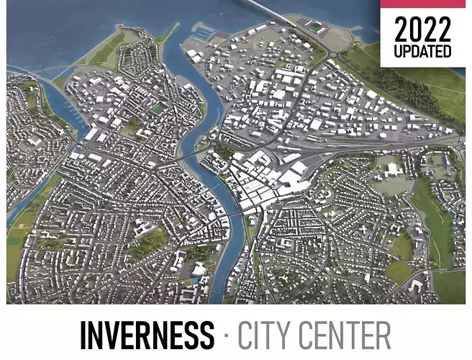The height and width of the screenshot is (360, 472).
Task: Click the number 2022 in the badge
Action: coord(422,30)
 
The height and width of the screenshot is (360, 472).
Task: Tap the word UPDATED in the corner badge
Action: coord(422,51)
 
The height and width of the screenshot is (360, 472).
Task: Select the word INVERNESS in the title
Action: coord(147,336)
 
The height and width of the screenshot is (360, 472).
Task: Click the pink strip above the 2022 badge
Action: coord(422,4)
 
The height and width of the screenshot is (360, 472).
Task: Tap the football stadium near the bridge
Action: coord(314,27)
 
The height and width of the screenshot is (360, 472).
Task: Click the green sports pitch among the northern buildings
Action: coord(160,109)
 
